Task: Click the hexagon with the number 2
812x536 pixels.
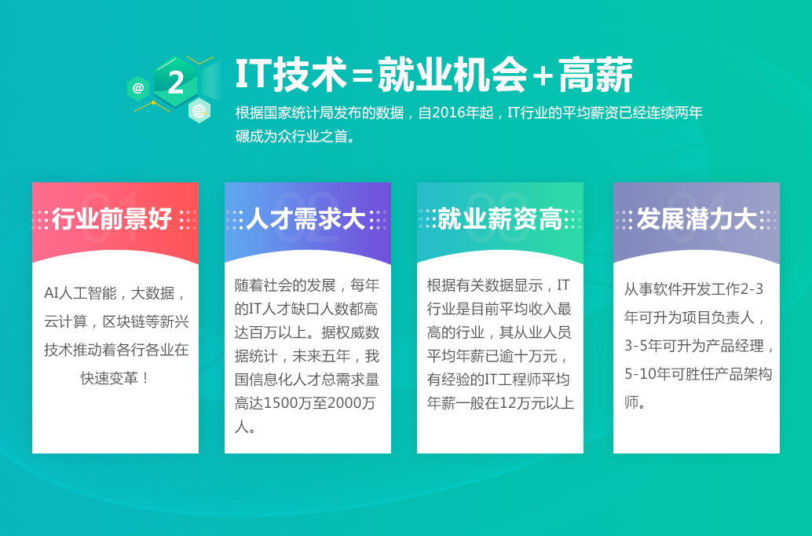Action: click(176, 82)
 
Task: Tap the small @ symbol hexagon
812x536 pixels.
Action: click(137, 88)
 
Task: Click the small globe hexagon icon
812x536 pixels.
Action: click(199, 110)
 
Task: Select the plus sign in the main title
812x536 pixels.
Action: click(543, 77)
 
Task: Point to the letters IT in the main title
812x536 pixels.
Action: click(253, 75)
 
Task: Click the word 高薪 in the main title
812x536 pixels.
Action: click(595, 75)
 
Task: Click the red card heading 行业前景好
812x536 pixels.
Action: click(112, 218)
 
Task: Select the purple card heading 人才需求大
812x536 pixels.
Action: click(306, 218)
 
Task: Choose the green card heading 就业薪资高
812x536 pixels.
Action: click(499, 218)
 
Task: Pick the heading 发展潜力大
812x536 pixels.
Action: click(697, 218)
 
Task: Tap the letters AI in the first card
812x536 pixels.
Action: click(51, 293)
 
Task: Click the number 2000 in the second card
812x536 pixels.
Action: click(344, 403)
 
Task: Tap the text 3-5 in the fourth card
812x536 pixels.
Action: click(635, 346)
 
